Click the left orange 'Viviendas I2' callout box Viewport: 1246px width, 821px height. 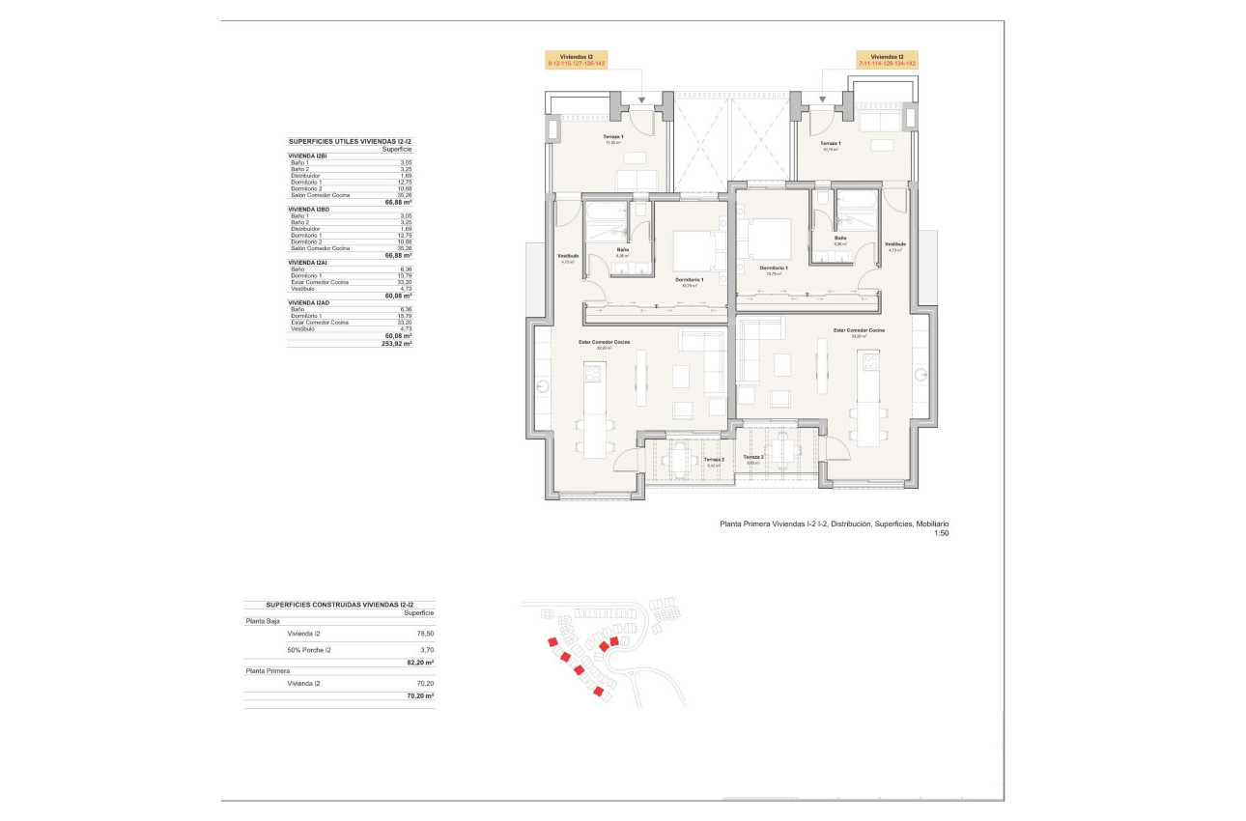pyautogui.click(x=576, y=60)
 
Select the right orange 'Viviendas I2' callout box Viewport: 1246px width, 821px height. pyautogui.click(x=887, y=60)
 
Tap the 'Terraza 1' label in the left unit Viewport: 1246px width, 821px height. pyautogui.click(x=613, y=137)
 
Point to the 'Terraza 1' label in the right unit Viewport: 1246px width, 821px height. pyautogui.click(x=830, y=145)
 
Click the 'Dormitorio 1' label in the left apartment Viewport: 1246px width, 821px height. pyautogui.click(x=690, y=280)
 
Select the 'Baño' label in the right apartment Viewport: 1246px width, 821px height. pyautogui.click(x=840, y=238)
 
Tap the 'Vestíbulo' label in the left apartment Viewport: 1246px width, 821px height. pyautogui.click(x=568, y=255)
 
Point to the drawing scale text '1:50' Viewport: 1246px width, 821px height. pyautogui.click(x=941, y=533)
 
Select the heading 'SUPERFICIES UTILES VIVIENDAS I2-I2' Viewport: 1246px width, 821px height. pyautogui.click(x=350, y=141)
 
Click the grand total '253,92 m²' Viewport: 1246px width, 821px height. pyautogui.click(x=397, y=343)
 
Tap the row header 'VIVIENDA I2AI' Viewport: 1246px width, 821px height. pyautogui.click(x=309, y=262)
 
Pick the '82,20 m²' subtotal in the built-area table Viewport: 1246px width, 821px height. pyautogui.click(x=418, y=664)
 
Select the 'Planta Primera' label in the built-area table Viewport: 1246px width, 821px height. pyautogui.click(x=268, y=669)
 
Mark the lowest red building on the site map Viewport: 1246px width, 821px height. pyautogui.click(x=599, y=692)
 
